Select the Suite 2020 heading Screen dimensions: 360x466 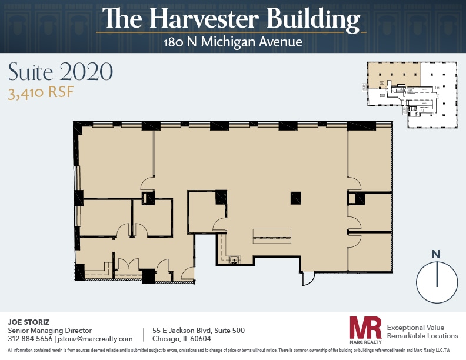tap(60, 72)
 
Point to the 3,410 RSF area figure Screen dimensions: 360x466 tap(41, 92)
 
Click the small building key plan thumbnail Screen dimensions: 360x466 tap(410, 94)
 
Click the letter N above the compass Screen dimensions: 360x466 tap(436, 254)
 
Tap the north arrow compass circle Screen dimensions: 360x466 tap(437, 282)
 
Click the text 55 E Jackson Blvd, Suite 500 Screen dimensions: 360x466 tap(198, 331)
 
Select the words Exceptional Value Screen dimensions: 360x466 tap(415, 327)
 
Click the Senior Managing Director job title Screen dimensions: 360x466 tap(49, 331)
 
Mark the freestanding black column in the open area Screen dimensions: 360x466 tap(296, 198)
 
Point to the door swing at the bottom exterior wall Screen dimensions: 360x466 tap(308, 278)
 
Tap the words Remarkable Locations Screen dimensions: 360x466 tap(422, 336)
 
